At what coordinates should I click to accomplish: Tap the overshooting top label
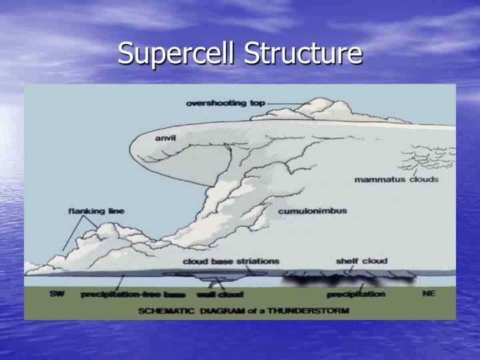(225, 103)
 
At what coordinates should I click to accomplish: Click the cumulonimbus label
(312, 211)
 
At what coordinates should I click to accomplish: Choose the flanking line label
(96, 211)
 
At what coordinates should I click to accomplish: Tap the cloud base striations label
(231, 261)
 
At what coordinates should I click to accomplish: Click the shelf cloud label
(361, 261)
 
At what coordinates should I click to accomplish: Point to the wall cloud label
(219, 295)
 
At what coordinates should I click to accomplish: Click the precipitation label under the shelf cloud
(356, 295)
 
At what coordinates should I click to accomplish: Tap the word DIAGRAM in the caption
(224, 311)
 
